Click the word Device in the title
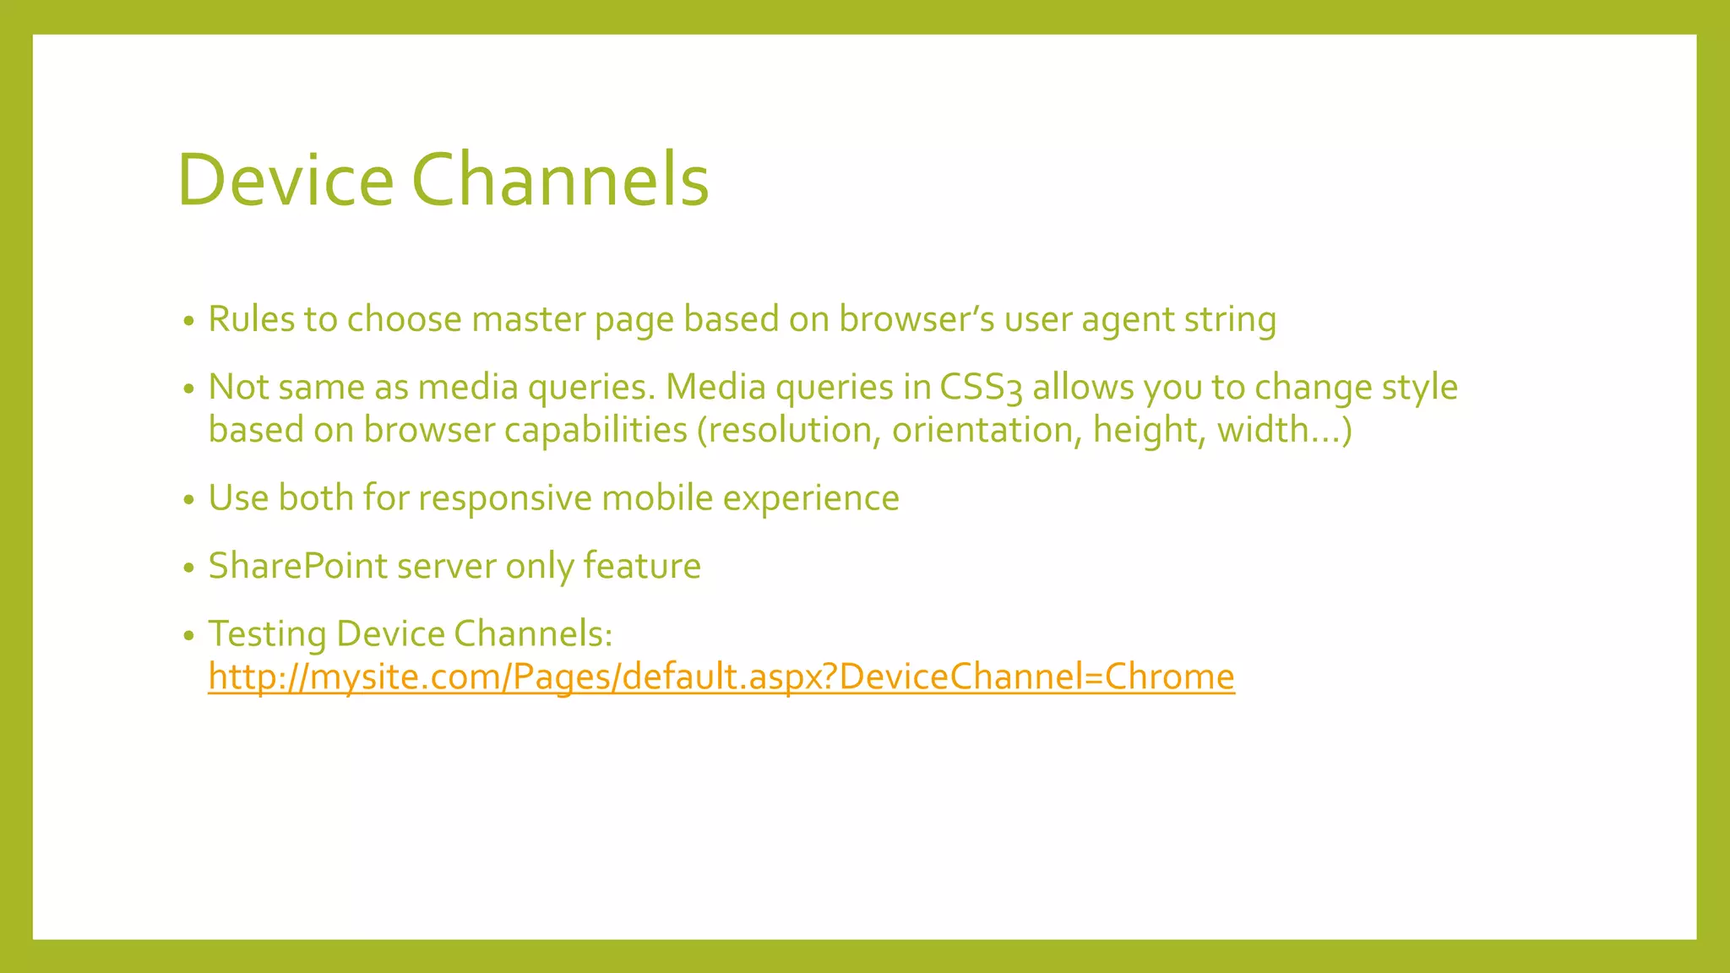pos(286,180)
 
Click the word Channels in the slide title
pos(560,180)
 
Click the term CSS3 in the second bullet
pos(981,388)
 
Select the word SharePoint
pos(297,566)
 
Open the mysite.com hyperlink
pos(721,677)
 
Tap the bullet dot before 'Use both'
pos(189,500)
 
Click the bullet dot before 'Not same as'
pos(189,389)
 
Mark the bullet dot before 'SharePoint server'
pos(189,568)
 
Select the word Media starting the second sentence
pos(715,388)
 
